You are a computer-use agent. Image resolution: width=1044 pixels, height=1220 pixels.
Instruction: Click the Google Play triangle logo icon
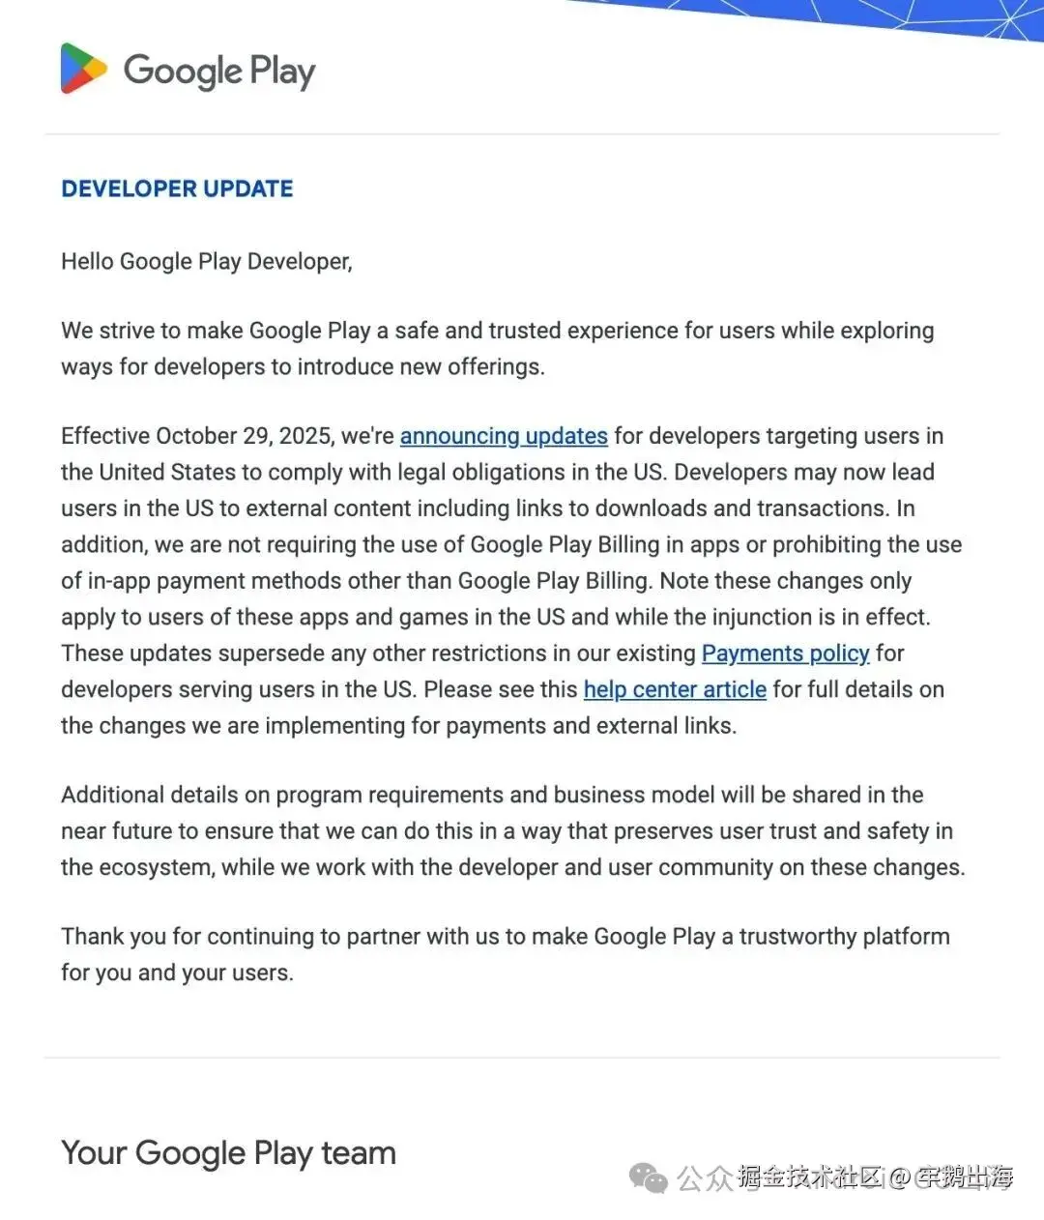[83, 69]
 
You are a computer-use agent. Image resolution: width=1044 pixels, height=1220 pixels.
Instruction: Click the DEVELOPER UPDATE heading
[177, 189]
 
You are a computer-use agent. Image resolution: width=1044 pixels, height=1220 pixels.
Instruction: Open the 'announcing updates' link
[504, 436]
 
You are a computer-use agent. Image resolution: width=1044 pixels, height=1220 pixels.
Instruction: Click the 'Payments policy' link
[785, 654]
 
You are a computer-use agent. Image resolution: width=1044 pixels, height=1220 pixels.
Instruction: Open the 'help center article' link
[675, 689]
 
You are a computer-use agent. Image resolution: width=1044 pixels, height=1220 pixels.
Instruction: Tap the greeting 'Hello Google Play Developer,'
[207, 261]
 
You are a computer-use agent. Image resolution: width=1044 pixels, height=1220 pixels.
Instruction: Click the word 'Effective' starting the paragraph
[105, 436]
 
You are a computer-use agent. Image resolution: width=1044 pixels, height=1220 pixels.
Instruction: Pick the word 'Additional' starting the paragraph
[112, 795]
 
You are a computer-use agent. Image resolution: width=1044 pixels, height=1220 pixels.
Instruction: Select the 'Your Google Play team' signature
[229, 1152]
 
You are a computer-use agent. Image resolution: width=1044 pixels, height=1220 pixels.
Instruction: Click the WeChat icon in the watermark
[648, 1177]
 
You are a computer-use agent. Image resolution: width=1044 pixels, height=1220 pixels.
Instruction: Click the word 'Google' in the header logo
[183, 71]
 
